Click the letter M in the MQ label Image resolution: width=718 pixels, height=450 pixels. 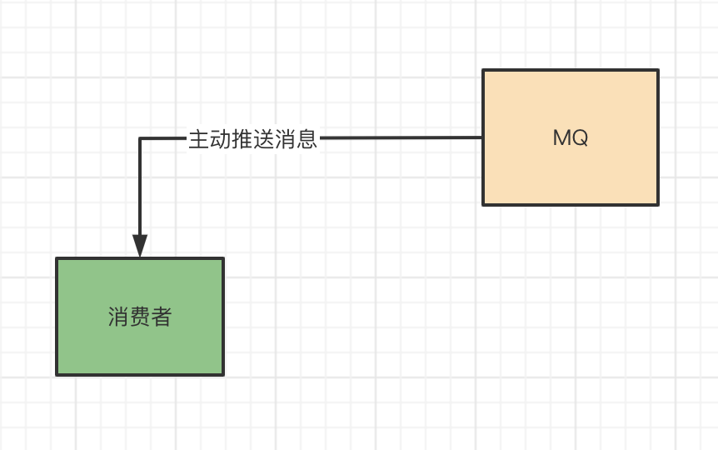click(x=562, y=138)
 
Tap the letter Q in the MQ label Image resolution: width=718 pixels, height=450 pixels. click(x=581, y=138)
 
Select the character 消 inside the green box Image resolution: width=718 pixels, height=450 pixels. click(x=118, y=317)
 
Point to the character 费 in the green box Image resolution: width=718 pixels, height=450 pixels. click(x=140, y=317)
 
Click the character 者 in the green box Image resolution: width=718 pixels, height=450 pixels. click(x=162, y=317)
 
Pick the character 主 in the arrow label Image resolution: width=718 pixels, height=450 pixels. click(x=199, y=139)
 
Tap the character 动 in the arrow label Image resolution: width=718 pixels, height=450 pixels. click(x=221, y=139)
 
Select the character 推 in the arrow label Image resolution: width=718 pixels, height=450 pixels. click(x=242, y=139)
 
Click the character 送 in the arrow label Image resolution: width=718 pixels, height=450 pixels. click(x=264, y=139)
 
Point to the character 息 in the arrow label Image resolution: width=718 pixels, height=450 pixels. click(x=307, y=139)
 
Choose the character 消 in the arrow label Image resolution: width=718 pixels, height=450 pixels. click(x=286, y=139)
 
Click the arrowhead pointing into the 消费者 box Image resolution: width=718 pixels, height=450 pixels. click(x=140, y=247)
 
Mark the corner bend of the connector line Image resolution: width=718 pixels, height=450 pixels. click(x=140, y=138)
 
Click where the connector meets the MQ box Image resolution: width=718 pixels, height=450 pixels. click(x=483, y=137)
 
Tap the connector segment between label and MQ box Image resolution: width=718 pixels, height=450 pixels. click(x=400, y=137)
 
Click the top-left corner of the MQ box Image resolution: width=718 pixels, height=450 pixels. click(x=484, y=71)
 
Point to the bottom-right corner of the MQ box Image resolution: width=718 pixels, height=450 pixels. click(x=657, y=204)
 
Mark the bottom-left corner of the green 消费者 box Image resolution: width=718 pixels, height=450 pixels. click(x=57, y=374)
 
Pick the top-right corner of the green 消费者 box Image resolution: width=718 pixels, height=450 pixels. click(x=222, y=259)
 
